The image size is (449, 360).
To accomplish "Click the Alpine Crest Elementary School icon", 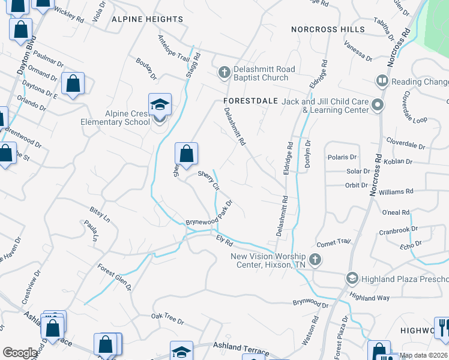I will tap(160, 105).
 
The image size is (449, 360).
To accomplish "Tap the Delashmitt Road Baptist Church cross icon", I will tap(224, 73).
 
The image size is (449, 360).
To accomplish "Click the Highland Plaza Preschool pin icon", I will tap(352, 278).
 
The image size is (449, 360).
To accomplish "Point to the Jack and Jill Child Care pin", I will tap(377, 105).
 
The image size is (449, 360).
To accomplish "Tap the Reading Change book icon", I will tap(381, 81).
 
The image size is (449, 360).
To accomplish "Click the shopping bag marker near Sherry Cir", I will tap(187, 154).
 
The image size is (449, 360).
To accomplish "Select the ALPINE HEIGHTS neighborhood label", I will tap(148, 19).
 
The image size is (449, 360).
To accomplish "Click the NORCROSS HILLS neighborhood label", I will tap(328, 29).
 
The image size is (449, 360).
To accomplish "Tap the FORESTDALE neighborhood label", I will tap(250, 101).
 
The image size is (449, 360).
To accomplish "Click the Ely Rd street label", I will tap(224, 241).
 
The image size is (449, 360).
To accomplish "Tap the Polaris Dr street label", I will tap(342, 157).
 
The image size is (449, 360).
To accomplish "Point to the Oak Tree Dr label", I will tap(167, 318).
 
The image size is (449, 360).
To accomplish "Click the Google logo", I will tap(20, 353).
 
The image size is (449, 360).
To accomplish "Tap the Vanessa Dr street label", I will tap(358, 50).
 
